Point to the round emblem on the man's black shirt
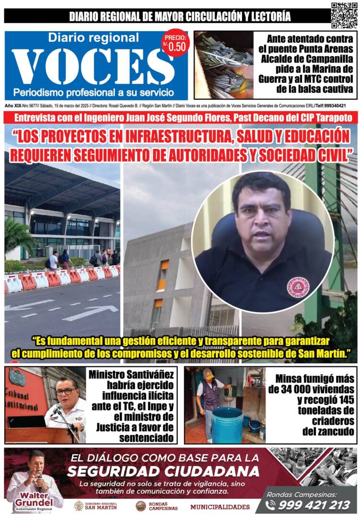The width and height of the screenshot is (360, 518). click(x=298, y=287)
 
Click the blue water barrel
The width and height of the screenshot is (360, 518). click(x=227, y=425)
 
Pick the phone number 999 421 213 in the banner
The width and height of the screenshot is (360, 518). click(x=314, y=505)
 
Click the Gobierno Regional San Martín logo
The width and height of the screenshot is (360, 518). click(x=93, y=506)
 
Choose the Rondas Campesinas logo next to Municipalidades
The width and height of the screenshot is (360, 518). click(x=140, y=506)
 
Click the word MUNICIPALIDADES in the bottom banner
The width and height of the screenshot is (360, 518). click(x=220, y=506)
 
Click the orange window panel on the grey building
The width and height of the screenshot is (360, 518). click(x=164, y=265)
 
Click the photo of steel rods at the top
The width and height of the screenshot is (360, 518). click(x=224, y=65)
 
